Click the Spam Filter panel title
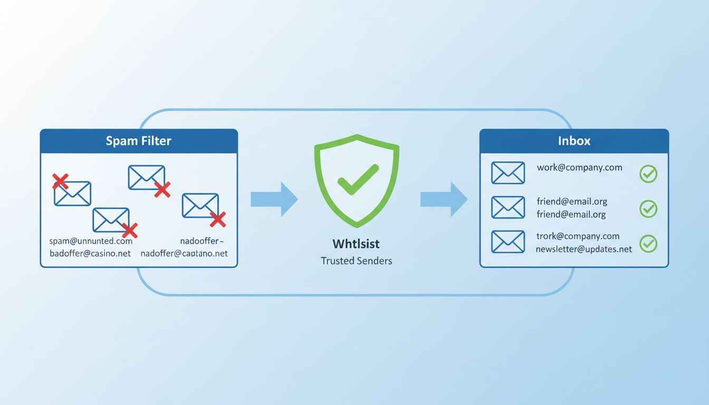pyautogui.click(x=138, y=141)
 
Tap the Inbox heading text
pyautogui.click(x=574, y=141)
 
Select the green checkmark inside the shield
pyautogui.click(x=358, y=179)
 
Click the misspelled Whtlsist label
pyautogui.click(x=356, y=244)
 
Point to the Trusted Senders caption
pyautogui.click(x=356, y=261)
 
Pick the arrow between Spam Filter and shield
pyautogui.click(x=274, y=199)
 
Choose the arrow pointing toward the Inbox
pyautogui.click(x=444, y=199)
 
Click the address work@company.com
pyautogui.click(x=579, y=168)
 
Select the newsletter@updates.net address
pyautogui.click(x=583, y=249)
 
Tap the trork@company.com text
pyautogui.click(x=578, y=236)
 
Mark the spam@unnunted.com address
pyautogui.click(x=91, y=241)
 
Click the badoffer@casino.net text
pyautogui.click(x=90, y=253)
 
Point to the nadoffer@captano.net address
pyautogui.click(x=184, y=253)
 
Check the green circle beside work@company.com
pyautogui.click(x=648, y=173)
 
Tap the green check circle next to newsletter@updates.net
pyautogui.click(x=648, y=243)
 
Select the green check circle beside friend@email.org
pyautogui.click(x=648, y=208)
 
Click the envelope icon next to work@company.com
pyautogui.click(x=507, y=173)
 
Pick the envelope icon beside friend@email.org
pyautogui.click(x=507, y=207)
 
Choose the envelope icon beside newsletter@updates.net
pyautogui.click(x=507, y=242)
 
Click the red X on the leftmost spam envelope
pyautogui.click(x=60, y=181)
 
